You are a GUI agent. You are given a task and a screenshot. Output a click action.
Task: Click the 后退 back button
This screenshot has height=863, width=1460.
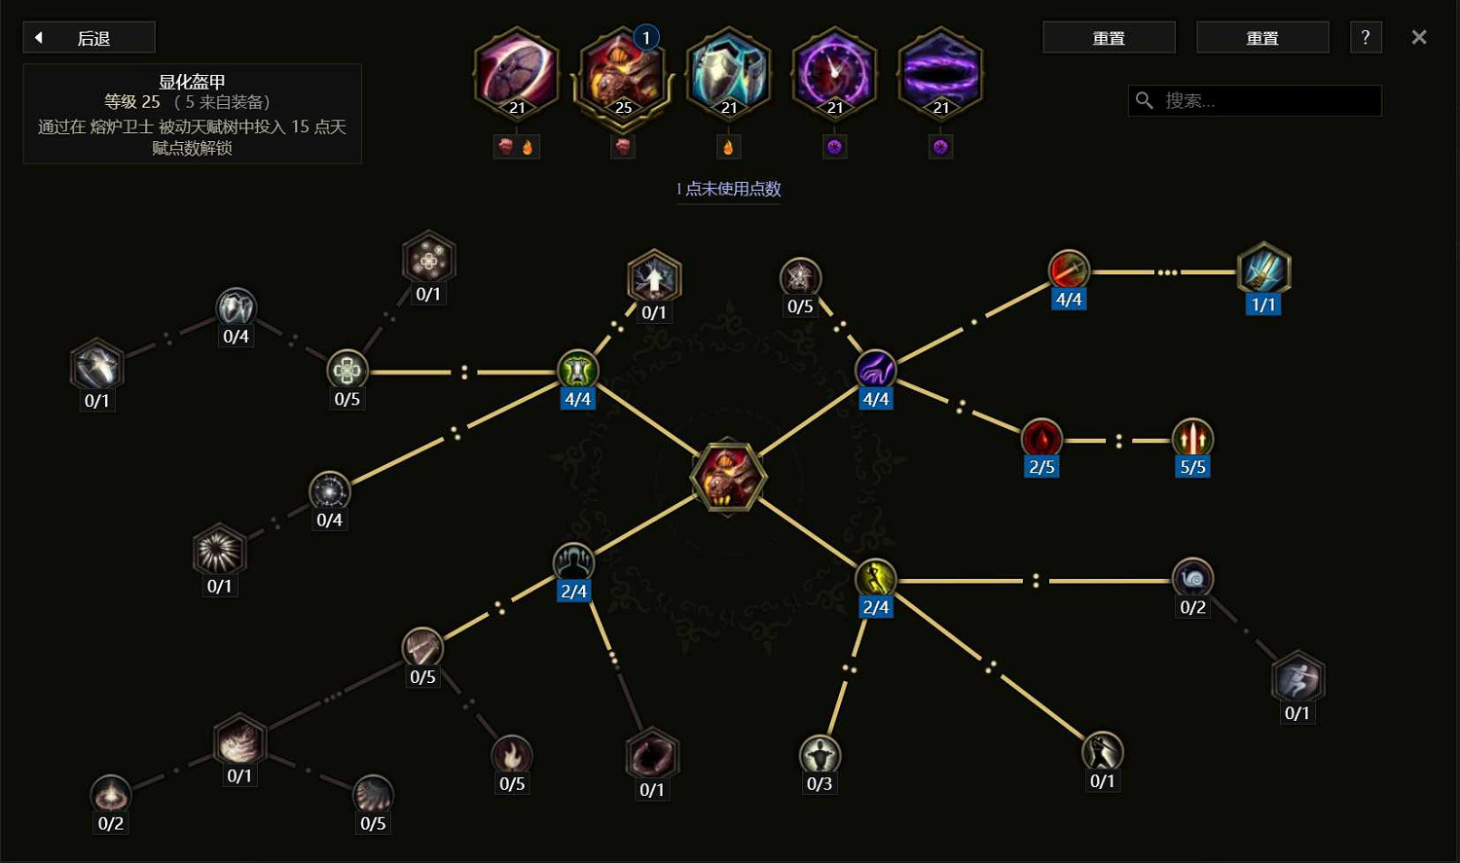(x=90, y=38)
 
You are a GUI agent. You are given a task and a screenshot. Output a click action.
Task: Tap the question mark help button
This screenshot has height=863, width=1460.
(x=1366, y=38)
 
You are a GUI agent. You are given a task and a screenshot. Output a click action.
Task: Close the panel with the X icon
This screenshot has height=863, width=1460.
(x=1419, y=37)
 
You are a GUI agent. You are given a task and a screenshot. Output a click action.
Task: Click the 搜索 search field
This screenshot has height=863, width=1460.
(x=1255, y=101)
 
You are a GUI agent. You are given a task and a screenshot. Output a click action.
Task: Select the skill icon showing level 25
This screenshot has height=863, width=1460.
(x=623, y=73)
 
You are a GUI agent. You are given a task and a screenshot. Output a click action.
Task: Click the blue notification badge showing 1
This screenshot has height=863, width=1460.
(x=646, y=38)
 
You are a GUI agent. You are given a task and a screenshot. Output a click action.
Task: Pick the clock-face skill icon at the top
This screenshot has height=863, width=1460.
(x=834, y=73)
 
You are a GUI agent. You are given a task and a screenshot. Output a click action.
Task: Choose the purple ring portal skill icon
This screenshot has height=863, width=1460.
(x=940, y=73)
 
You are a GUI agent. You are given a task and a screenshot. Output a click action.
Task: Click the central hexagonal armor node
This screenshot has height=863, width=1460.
(x=728, y=476)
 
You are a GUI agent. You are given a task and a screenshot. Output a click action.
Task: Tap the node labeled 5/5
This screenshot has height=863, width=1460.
(x=1192, y=439)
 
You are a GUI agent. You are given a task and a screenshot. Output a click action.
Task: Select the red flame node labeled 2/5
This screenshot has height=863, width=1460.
(x=1041, y=439)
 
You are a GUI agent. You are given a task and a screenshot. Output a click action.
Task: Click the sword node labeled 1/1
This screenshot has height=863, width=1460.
(x=1263, y=270)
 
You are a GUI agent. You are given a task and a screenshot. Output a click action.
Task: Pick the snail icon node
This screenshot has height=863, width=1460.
(x=1192, y=578)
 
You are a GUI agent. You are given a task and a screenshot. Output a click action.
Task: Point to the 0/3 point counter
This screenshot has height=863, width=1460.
(x=820, y=783)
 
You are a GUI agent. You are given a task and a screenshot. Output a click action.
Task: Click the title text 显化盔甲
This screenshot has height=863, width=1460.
(x=192, y=82)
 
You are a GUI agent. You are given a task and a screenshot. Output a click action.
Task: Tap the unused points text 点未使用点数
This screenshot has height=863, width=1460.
(x=733, y=189)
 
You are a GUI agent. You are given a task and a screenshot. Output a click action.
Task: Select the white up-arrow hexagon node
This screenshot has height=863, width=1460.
(x=654, y=276)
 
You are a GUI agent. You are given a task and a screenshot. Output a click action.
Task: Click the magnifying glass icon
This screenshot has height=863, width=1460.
(x=1145, y=101)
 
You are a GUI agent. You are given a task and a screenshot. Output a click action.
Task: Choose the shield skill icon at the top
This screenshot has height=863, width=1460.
(x=729, y=73)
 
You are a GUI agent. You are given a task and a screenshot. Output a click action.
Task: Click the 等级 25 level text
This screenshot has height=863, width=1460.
(x=131, y=101)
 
